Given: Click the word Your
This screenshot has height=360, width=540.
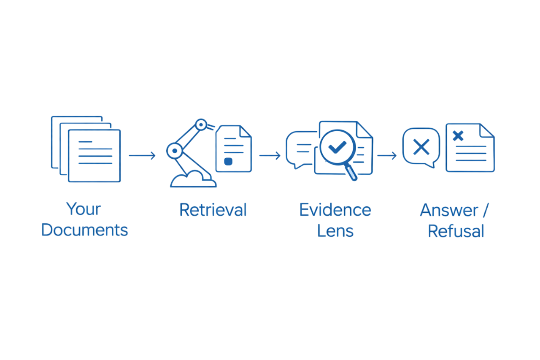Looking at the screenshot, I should pyautogui.click(x=84, y=209).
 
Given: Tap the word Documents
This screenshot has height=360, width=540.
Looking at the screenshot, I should pyautogui.click(x=85, y=230).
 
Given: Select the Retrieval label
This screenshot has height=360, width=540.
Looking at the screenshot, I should pyautogui.click(x=213, y=210).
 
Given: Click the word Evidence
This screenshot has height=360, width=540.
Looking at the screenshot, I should pyautogui.click(x=335, y=210).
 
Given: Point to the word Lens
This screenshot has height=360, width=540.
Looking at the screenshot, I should pyautogui.click(x=335, y=230).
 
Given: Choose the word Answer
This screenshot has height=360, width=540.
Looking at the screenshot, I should pyautogui.click(x=449, y=210).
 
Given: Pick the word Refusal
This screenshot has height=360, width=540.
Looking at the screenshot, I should pyautogui.click(x=456, y=231).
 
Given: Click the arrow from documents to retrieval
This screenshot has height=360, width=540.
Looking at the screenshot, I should pyautogui.click(x=142, y=156).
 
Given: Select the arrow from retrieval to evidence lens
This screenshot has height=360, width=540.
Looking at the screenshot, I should pyautogui.click(x=270, y=156).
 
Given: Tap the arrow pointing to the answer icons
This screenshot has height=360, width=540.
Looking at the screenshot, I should pyautogui.click(x=386, y=156).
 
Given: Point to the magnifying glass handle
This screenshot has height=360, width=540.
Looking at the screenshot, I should pyautogui.click(x=351, y=173).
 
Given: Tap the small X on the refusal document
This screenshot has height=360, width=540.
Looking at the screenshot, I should pyautogui.click(x=458, y=135).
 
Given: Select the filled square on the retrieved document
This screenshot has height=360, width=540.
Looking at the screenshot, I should pyautogui.click(x=228, y=161).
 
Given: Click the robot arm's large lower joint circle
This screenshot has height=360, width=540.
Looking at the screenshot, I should pyautogui.click(x=173, y=150).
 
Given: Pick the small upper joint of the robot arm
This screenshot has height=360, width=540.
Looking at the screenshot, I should pyautogui.click(x=201, y=125).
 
